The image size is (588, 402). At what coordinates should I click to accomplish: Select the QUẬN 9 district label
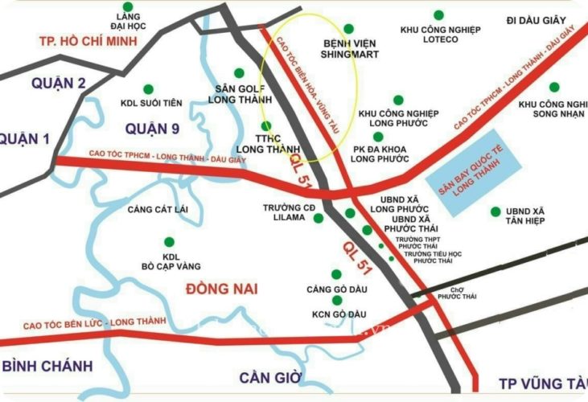(x=152, y=129)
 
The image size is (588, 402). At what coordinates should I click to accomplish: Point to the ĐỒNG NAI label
(x=220, y=287)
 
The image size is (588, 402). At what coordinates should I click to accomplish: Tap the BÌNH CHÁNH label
(x=47, y=365)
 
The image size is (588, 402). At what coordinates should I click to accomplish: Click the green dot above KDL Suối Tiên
(x=148, y=88)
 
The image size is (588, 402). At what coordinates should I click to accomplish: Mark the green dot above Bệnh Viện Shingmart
(x=348, y=28)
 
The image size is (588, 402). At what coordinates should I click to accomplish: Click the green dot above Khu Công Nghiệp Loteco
(x=438, y=15)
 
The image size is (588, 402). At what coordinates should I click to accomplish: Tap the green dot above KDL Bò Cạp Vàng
(x=169, y=241)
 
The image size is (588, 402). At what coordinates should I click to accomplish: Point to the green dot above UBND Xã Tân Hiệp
(x=495, y=211)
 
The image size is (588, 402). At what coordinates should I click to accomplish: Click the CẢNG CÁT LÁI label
(x=158, y=209)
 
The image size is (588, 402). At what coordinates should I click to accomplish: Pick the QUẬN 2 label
(x=59, y=83)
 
